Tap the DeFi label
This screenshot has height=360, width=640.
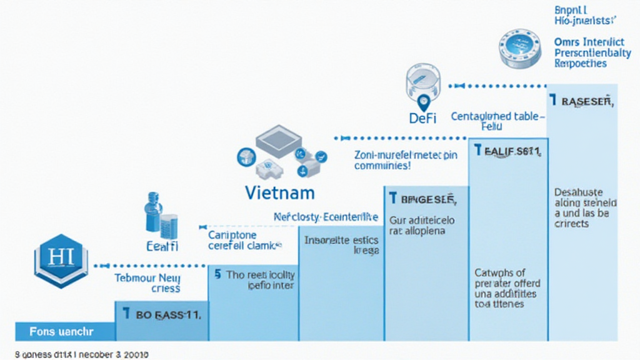(x=422, y=117)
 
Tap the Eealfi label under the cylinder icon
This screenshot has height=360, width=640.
(x=162, y=246)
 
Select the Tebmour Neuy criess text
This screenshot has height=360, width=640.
(x=148, y=283)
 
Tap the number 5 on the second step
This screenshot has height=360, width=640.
(x=217, y=274)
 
